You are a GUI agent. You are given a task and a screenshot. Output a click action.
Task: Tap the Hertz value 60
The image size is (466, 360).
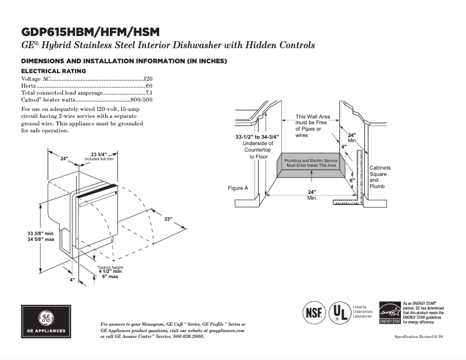[x=149, y=85]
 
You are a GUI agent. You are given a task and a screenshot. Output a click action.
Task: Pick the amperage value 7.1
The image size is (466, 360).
[x=149, y=92]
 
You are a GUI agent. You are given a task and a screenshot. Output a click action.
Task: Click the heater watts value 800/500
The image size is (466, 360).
[x=141, y=99]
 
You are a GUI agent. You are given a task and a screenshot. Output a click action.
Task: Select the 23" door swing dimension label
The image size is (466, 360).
[x=168, y=219]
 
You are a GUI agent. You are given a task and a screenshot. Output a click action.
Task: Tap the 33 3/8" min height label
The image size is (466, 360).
[x=41, y=233]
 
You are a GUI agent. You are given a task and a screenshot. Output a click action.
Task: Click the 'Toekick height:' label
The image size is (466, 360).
[x=110, y=267]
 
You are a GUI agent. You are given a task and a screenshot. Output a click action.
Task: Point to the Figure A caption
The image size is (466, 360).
[x=238, y=188]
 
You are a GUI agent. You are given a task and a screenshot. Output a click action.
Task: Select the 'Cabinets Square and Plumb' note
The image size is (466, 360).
[x=380, y=177]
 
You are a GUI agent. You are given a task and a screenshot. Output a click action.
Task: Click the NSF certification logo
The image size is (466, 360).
[x=313, y=312]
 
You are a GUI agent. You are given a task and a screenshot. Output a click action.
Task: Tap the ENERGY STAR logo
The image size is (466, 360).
[x=389, y=312]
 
